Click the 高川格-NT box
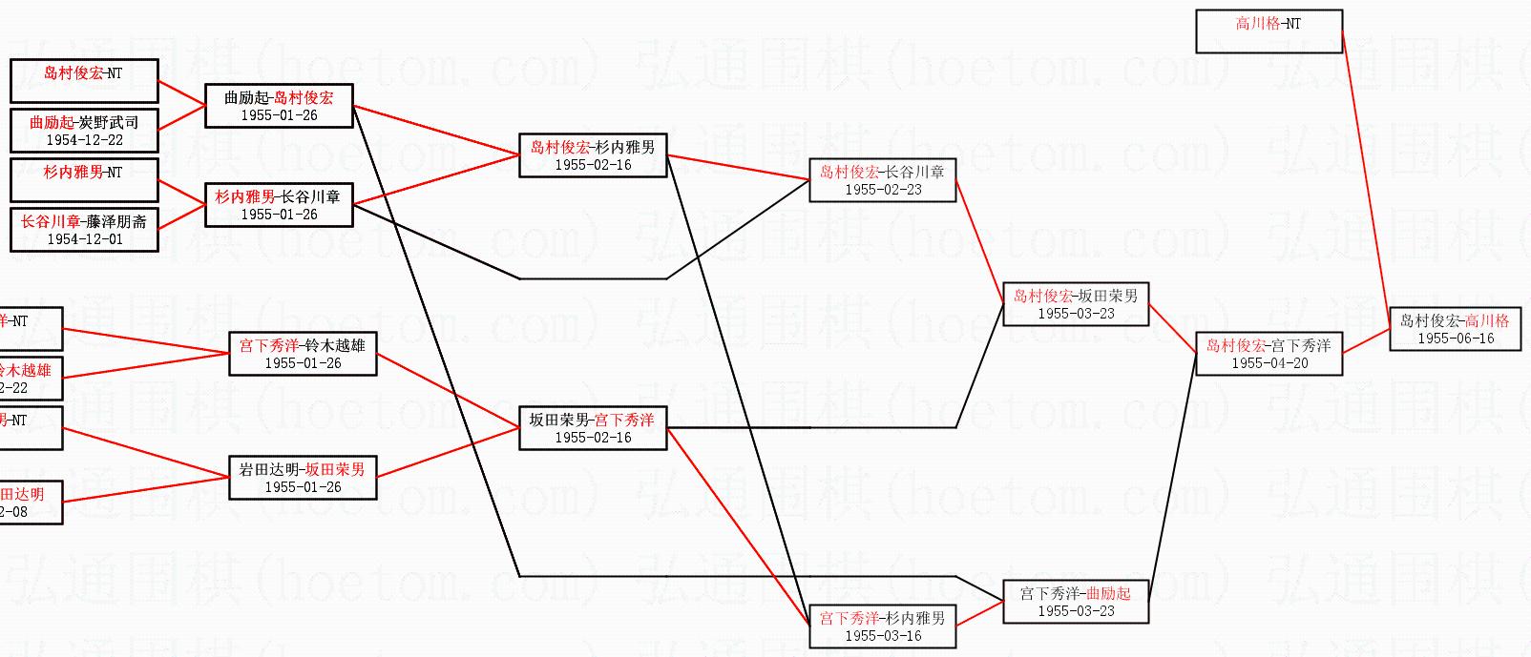pos(1269,31)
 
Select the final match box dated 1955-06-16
pos(1455,329)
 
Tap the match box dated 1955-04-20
pos(1269,354)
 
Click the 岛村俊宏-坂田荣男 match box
pos(1076,304)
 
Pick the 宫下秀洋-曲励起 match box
pos(1076,602)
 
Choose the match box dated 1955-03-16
pos(883,626)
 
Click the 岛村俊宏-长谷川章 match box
pos(882,180)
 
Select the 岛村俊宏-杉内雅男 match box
pos(593,155)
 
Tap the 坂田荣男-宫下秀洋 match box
pos(593,428)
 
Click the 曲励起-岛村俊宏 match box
pos(279,106)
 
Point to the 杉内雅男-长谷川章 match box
pos(279,205)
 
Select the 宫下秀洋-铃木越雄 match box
pos(303,354)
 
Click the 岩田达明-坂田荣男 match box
pos(303,478)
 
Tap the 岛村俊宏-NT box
pos(84,81)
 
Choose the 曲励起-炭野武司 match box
pos(84,131)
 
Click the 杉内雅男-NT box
pos(84,180)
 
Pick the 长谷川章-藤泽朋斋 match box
pos(84,230)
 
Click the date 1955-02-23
pos(883,190)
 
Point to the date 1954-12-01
pos(85,239)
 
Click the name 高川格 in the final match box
pos(1487,321)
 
